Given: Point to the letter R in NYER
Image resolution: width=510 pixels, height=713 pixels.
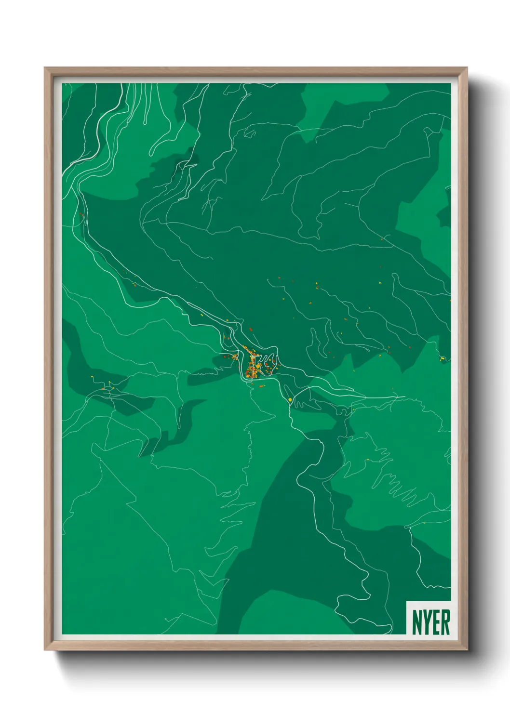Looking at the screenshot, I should click(445, 622).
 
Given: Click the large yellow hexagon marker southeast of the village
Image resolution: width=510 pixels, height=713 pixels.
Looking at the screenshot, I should click(290, 399).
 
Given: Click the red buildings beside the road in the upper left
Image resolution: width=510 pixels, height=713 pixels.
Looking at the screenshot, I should click(81, 215).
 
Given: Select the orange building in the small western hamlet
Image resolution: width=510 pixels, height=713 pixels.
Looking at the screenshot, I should click(103, 388).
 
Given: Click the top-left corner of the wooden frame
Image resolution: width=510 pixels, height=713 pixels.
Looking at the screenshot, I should click(45, 68).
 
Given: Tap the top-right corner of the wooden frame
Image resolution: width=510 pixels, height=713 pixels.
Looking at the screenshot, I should click(466, 68).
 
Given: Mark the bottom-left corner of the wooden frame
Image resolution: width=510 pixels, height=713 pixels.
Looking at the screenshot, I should click(45, 649).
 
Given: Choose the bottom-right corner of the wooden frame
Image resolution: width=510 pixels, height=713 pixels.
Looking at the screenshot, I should click(466, 649).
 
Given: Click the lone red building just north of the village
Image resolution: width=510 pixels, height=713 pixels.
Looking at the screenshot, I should click(251, 330).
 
